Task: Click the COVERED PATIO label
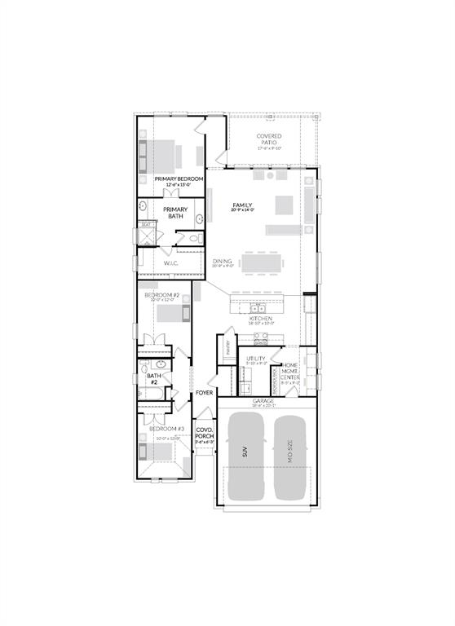[x=269, y=139]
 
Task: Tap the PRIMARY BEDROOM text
[x=179, y=179]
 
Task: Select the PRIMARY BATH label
[x=174, y=213]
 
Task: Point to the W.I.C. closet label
[x=170, y=263]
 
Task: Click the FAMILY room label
[x=242, y=205]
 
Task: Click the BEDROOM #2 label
[x=161, y=295]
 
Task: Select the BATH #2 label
[x=153, y=378]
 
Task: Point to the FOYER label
[x=204, y=393]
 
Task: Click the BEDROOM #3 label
[x=166, y=429]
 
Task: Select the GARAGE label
[x=263, y=401]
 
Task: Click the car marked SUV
[x=245, y=456]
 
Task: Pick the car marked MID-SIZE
[x=290, y=456]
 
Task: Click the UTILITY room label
[x=257, y=358]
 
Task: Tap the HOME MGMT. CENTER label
[x=290, y=372]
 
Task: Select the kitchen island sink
[x=258, y=308]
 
